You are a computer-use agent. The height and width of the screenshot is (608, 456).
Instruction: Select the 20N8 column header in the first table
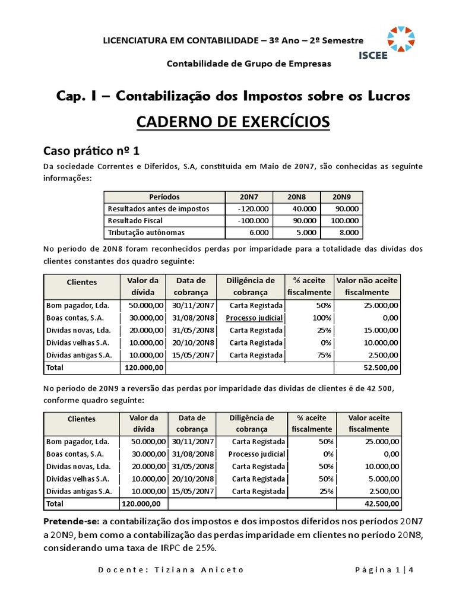pos(296,197)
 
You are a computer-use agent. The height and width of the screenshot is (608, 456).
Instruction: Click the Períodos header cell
pos(164,197)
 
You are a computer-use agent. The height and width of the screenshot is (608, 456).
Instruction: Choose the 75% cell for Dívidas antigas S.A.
pos(322,356)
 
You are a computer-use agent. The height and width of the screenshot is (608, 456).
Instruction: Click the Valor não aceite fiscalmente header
pos(368,286)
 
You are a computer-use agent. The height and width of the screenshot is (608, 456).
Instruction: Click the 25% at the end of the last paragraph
pos(201,547)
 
